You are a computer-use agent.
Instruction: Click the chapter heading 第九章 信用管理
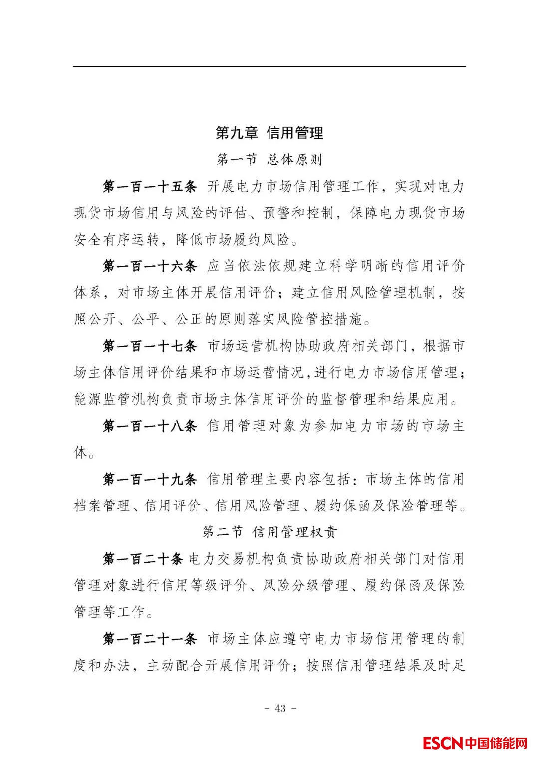269,133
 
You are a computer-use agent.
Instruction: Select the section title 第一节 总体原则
269,160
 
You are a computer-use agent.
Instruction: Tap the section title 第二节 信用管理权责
269,532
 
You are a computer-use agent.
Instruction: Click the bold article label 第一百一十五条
150,187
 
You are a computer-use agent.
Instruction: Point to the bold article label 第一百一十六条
150,266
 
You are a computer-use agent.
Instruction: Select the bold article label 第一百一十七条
150,346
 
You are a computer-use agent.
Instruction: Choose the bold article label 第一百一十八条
150,426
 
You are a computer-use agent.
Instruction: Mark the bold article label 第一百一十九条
150,479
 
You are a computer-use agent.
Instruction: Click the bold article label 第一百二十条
143,559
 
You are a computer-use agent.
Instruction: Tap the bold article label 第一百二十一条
150,639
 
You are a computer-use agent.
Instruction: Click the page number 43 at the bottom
280,708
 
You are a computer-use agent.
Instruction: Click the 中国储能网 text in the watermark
496,743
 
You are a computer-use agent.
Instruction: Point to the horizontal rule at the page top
269,66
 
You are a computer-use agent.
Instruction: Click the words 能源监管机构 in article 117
117,399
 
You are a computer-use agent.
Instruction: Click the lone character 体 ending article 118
80,453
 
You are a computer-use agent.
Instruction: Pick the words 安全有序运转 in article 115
117,240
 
